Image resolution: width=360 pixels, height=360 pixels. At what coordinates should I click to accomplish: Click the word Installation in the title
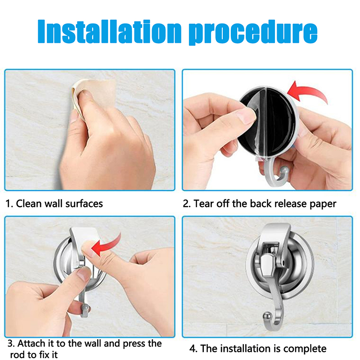click(x=109, y=31)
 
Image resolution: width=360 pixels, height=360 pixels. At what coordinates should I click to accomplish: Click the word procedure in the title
click(x=253, y=32)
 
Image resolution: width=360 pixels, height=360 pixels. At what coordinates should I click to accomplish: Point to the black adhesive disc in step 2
click(x=269, y=121)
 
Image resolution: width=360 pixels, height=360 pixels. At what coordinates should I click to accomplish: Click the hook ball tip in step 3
click(x=85, y=308)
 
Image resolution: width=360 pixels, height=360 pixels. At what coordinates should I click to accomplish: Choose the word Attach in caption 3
click(x=31, y=343)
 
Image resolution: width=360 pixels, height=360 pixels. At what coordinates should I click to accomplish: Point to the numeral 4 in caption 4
click(x=192, y=348)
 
